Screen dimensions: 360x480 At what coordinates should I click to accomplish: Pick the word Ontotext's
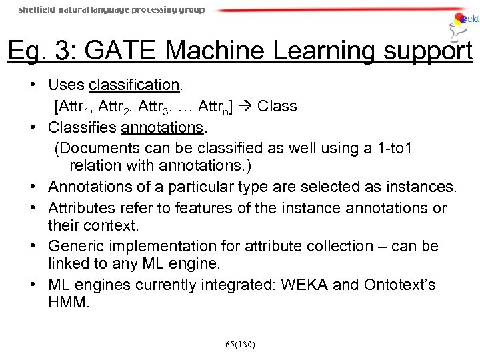pyautogui.click(x=400, y=285)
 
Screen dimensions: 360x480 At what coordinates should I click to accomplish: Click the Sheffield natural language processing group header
pyautogui.click(x=112, y=10)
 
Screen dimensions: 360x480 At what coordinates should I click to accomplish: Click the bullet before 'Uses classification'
pyautogui.click(x=33, y=86)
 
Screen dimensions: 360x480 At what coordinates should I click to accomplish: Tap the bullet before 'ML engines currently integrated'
pyautogui.click(x=33, y=285)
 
